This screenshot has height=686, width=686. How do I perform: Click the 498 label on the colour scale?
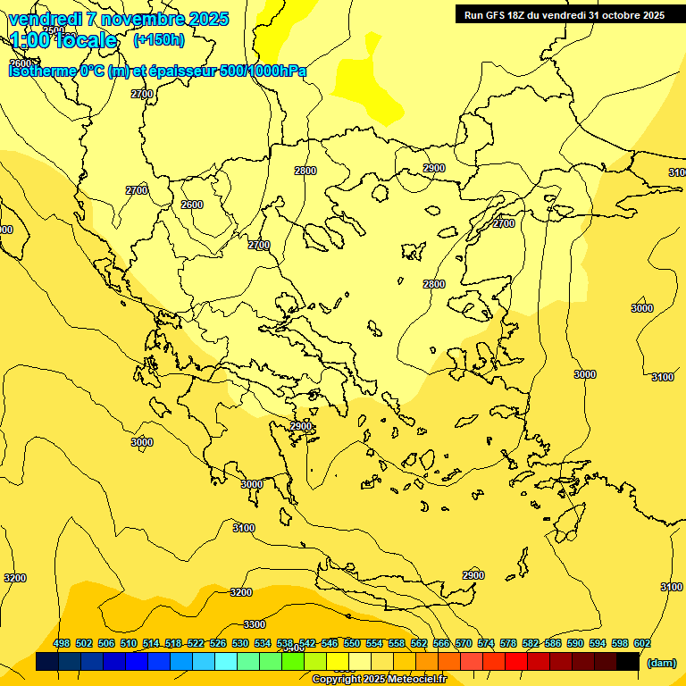(x=62, y=643)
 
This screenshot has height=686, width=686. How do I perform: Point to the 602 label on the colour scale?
(x=641, y=643)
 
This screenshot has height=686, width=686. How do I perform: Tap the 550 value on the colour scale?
(x=352, y=643)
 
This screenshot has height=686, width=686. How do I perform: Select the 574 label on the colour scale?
(x=486, y=643)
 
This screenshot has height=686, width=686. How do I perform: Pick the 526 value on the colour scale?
(x=218, y=643)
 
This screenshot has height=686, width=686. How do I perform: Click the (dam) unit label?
(x=661, y=662)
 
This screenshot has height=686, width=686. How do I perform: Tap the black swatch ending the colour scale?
(x=628, y=662)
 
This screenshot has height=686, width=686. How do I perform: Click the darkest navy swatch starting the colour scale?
(x=47, y=662)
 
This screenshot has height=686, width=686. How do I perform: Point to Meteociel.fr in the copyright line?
(x=416, y=680)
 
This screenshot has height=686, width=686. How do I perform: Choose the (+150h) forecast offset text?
(x=159, y=40)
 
